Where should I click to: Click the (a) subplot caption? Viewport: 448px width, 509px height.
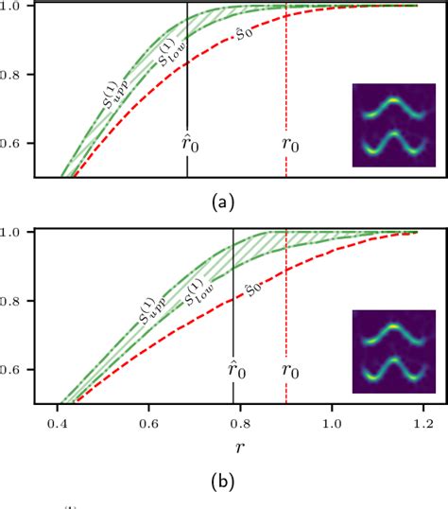pos(223,201)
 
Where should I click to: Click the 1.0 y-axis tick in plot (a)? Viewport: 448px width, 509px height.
pos(15,6)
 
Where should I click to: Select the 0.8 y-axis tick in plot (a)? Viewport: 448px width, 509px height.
pos(15,75)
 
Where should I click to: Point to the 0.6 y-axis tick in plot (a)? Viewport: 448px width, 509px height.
pos(15,144)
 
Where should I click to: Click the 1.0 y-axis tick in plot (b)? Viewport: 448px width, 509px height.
pos(15,232)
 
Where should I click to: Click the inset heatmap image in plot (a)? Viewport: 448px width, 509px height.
pos(393,126)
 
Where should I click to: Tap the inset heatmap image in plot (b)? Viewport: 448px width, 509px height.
pos(393,352)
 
